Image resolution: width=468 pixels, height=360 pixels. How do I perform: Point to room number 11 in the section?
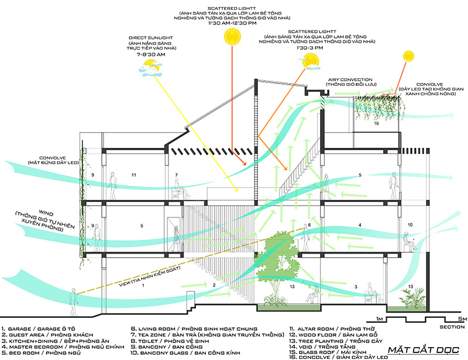click(x=133, y=175)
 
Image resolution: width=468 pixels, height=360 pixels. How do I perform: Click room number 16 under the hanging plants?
click(x=376, y=124)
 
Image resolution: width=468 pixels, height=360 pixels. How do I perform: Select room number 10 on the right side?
click(x=411, y=224)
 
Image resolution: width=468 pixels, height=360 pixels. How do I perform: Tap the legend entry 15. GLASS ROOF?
click(x=325, y=349)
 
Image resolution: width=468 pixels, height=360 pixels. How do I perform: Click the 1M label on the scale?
click(x=380, y=319)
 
